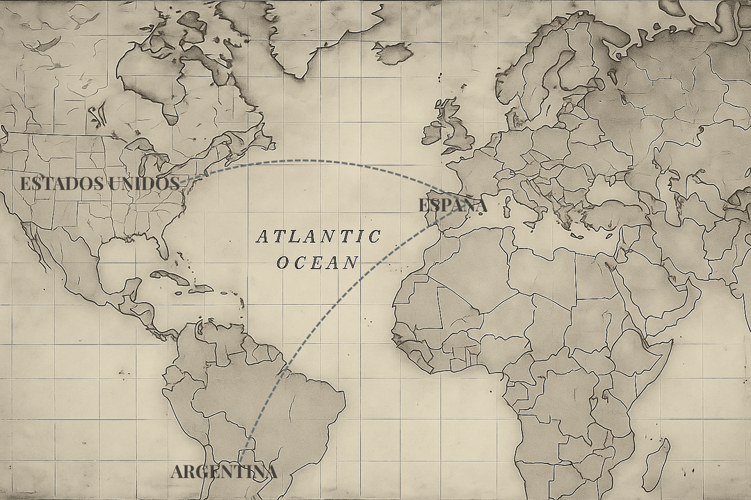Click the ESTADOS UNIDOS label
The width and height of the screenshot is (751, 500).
[x=99, y=184]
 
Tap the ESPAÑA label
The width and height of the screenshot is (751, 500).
[x=453, y=206]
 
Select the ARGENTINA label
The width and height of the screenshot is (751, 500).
[x=224, y=472]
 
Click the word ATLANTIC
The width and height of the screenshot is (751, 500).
[x=318, y=237]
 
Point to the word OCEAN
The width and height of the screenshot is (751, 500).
[x=317, y=262]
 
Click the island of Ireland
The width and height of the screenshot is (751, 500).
[x=433, y=132]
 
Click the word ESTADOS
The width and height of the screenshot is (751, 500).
[x=58, y=184]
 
